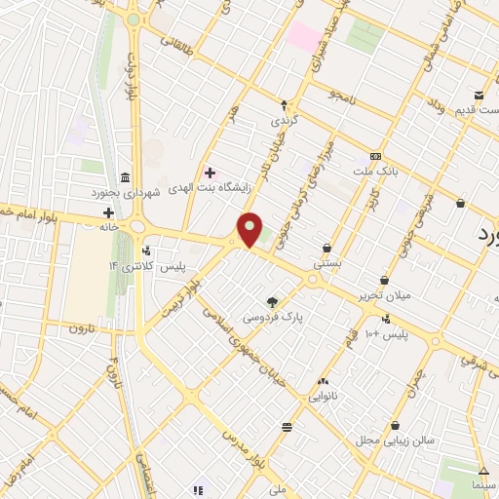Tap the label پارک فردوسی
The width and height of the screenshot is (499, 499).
[273, 319]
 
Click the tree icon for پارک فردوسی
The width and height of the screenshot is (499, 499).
[272, 302]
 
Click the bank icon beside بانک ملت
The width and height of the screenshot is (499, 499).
[375, 157]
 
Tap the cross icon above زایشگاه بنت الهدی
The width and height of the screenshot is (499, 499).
[210, 172]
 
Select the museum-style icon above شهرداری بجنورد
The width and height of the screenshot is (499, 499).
[126, 176]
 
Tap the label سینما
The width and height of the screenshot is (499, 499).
[483, 485]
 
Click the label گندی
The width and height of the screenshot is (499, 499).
[284, 122]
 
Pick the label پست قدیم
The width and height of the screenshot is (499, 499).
[479, 109]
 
